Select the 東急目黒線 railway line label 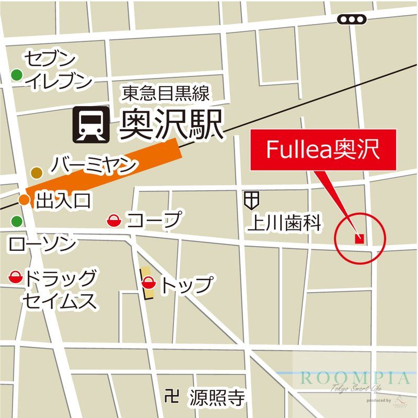pos(166,94)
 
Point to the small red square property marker pos(359,239)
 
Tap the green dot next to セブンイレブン pos(17,75)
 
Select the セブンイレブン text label pos(58,70)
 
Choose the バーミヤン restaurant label pos(95,166)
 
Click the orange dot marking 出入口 pos(24,199)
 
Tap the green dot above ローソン pos(17,221)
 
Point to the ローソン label pos(42,243)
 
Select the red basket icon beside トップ pos(149,284)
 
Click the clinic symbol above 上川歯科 pos(251,199)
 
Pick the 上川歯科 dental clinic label pos(284,223)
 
